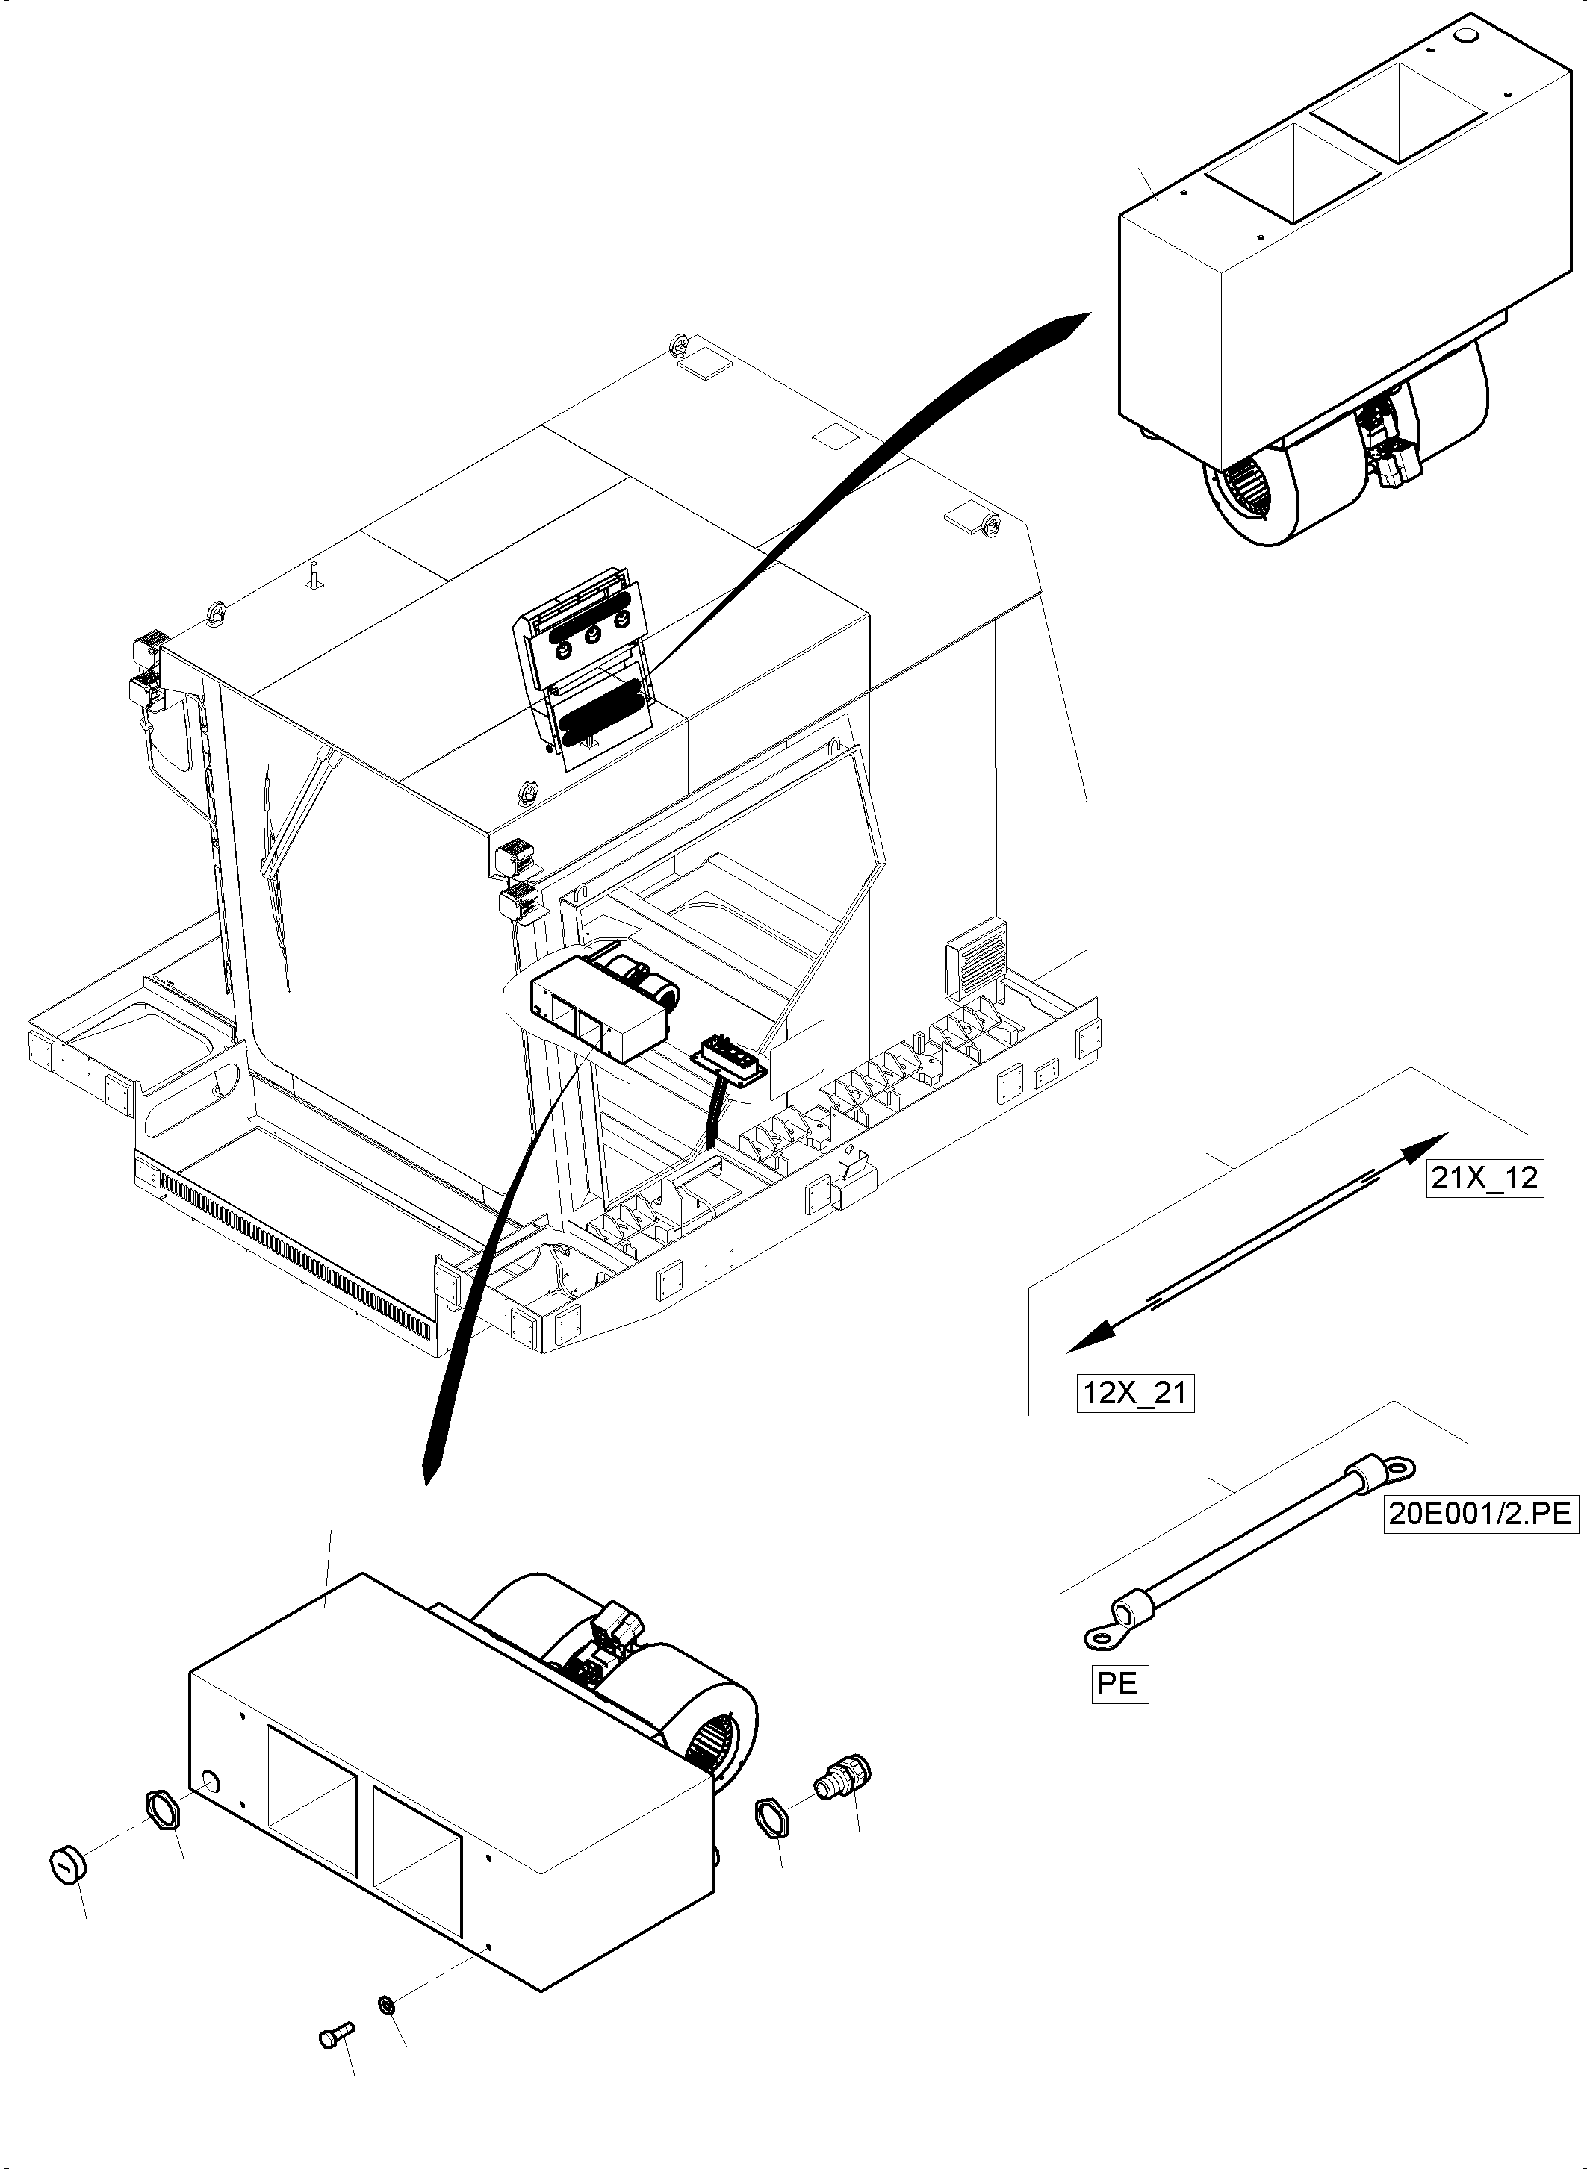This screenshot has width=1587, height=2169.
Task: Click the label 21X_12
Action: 1484,1177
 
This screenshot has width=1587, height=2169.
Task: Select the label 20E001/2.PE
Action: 1480,1514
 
